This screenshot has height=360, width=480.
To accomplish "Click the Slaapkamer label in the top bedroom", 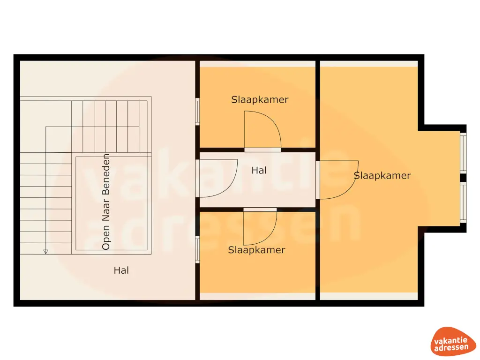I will coord(260,99).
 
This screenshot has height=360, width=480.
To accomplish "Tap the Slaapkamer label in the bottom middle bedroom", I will coord(256,250).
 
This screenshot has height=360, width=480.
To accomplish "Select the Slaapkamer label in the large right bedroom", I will coord(382,175).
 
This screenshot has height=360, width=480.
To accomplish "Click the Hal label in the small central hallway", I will coord(259,170).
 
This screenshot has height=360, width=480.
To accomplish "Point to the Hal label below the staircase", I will coord(121,270).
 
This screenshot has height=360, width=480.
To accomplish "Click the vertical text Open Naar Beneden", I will coord(106,202).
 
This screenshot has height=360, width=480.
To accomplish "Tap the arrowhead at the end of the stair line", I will coord(45,251).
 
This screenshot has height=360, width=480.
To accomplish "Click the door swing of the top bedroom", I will coord(262,130).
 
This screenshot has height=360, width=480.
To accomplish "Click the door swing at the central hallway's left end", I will coord(218,179).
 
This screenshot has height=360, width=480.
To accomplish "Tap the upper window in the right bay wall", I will coord(463,153).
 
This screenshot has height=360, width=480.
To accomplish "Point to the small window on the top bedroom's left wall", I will coord(197,112).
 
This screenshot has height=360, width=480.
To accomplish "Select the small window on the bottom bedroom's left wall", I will coord(197,249).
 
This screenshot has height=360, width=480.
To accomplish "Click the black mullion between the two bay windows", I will coord(463,178).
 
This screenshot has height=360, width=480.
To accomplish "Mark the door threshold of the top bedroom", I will coord(262,150).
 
